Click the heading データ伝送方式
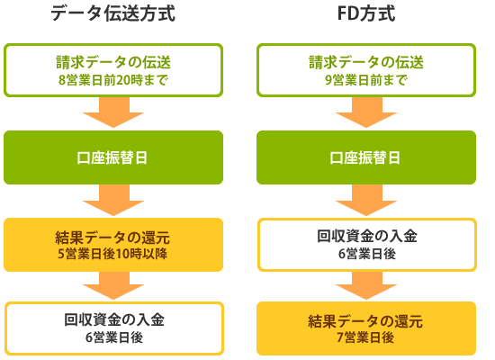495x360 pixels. click(113, 13)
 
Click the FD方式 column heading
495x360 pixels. click(366, 13)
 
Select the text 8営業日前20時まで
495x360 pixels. click(113, 80)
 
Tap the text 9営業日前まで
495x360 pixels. click(366, 80)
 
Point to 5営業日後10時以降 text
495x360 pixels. click(112, 254)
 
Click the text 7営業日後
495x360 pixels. click(365, 337)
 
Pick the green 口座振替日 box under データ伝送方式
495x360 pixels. click(113, 157)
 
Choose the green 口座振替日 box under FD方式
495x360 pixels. click(366, 157)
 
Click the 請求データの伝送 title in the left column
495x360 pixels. click(113, 62)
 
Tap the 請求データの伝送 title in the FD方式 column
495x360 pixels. click(366, 62)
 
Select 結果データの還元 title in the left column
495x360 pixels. click(112, 238)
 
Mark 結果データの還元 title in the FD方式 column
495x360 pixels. click(365, 321)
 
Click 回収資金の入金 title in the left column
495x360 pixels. click(114, 319)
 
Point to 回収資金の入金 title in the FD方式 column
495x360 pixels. click(367, 236)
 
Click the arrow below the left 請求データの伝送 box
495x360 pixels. click(113, 112)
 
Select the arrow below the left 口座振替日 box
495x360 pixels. click(113, 200)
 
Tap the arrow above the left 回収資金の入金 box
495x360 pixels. click(113, 285)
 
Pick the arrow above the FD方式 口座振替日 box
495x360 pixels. click(366, 112)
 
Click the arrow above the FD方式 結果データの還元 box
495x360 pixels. click(366, 285)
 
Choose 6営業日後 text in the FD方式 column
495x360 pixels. click(367, 254)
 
